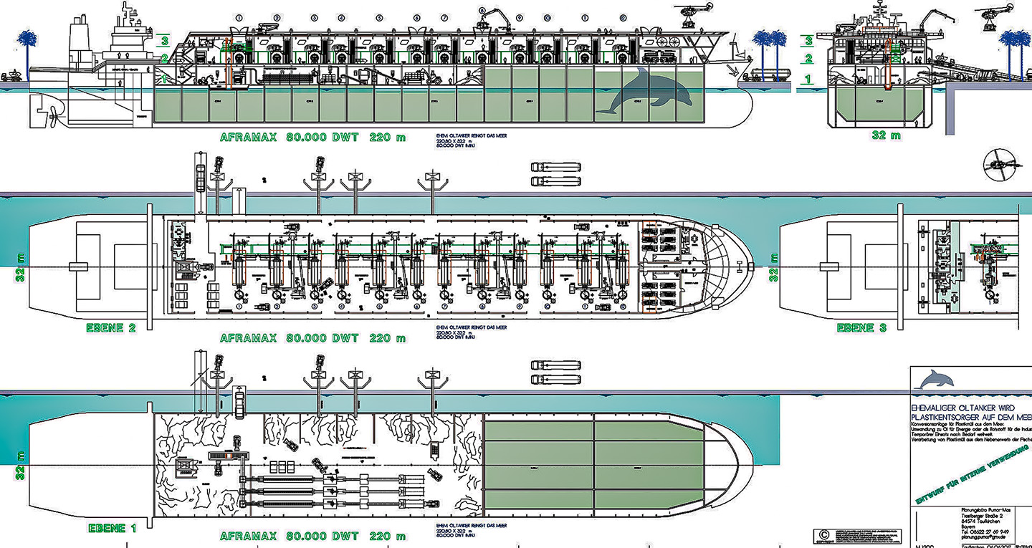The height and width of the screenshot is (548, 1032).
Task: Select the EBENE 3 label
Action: tap(865, 327)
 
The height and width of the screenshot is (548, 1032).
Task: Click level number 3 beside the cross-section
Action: tap(809, 42)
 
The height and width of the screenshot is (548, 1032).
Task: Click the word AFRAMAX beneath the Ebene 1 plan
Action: tap(248, 536)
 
